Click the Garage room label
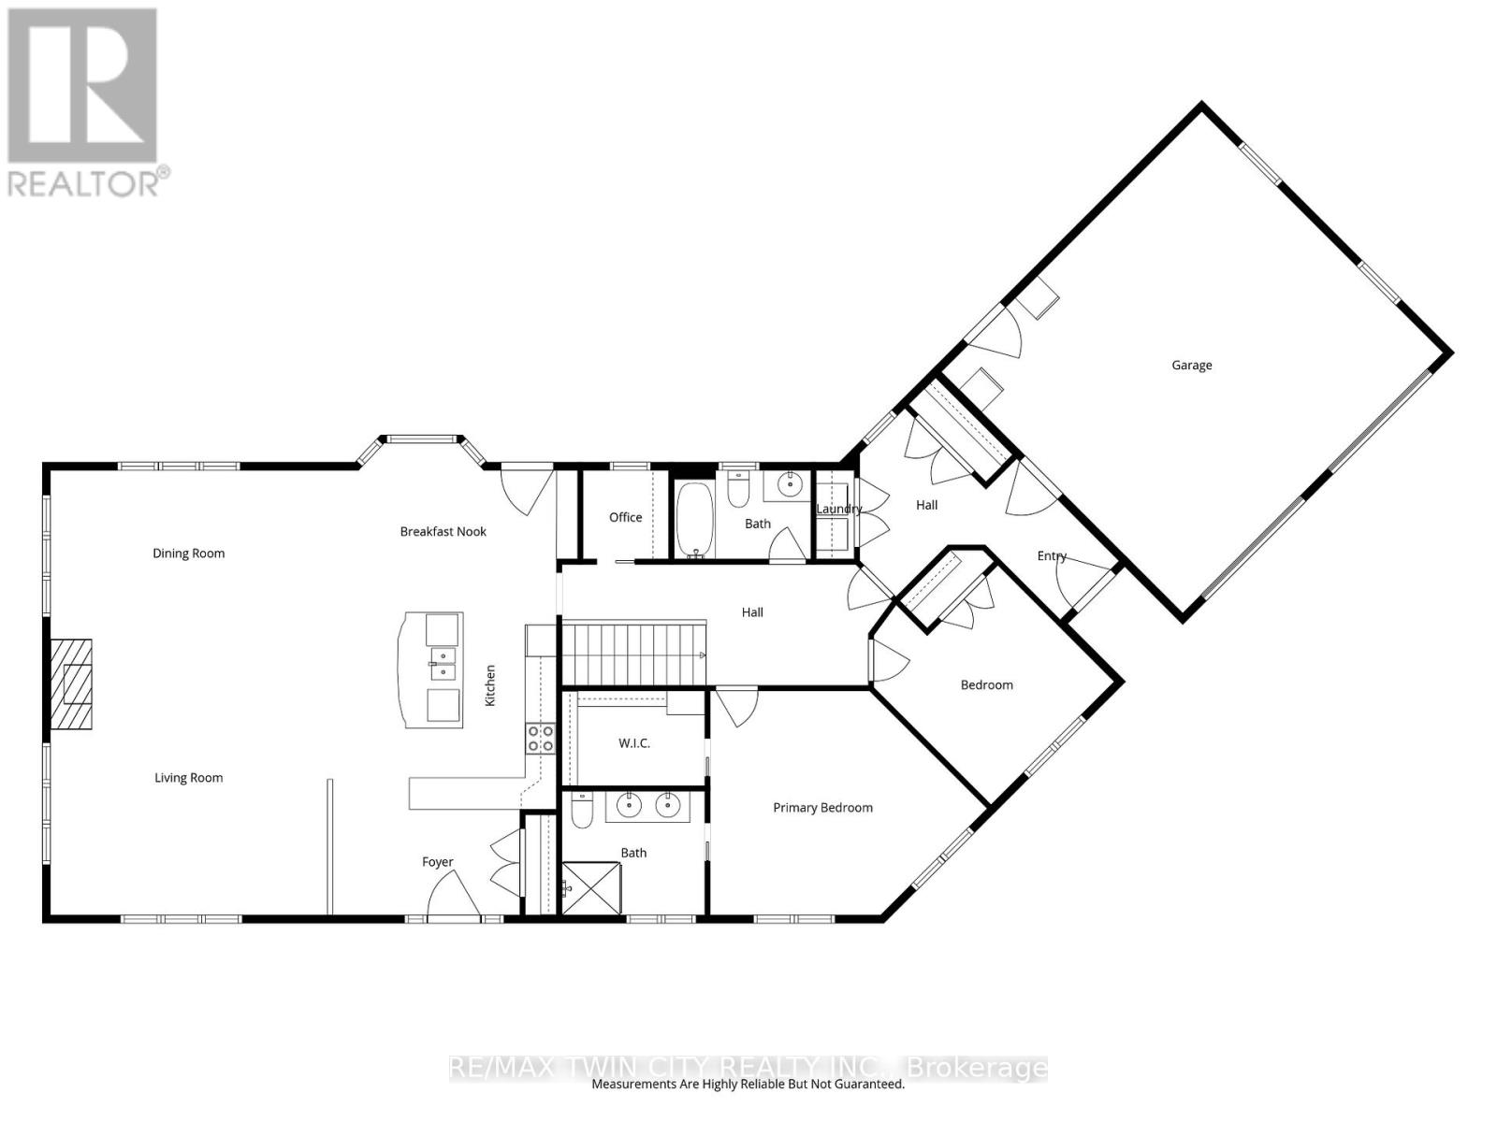(x=1191, y=366)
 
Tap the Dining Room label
(x=188, y=554)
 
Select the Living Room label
(x=188, y=777)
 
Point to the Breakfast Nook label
(x=443, y=531)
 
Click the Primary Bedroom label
(x=822, y=807)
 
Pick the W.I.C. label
(x=634, y=743)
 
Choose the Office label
(x=625, y=517)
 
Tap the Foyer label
(x=437, y=862)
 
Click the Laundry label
(x=839, y=509)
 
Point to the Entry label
(x=1052, y=556)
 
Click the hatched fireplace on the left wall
(x=71, y=684)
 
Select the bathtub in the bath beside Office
(x=694, y=521)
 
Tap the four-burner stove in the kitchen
(x=540, y=738)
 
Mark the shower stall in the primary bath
(x=591, y=888)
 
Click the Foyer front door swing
(x=454, y=894)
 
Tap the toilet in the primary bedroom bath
(x=581, y=810)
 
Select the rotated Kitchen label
(x=489, y=685)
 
